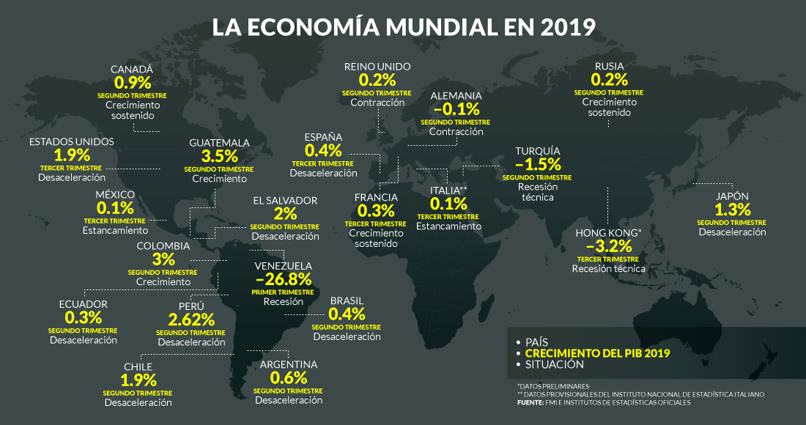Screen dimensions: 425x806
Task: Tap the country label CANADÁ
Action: click(x=132, y=70)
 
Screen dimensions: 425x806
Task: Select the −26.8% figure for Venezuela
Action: click(x=284, y=279)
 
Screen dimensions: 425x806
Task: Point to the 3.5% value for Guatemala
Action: click(x=220, y=156)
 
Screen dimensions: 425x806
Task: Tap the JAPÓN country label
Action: click(x=732, y=196)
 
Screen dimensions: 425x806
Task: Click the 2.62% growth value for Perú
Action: click(x=191, y=319)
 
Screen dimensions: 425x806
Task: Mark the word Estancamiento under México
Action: click(x=115, y=231)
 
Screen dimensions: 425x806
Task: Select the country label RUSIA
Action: click(x=609, y=67)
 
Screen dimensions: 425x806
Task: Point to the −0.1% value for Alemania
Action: click(x=456, y=109)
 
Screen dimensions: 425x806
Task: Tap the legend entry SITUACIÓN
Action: click(x=555, y=364)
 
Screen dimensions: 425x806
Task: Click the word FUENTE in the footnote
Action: click(x=530, y=402)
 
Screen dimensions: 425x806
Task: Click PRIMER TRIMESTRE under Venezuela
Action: click(x=283, y=292)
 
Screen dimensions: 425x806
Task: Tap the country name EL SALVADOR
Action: click(x=285, y=201)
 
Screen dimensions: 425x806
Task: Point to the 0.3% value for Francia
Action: click(x=376, y=211)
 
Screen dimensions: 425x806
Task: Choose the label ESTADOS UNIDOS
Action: click(x=72, y=141)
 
